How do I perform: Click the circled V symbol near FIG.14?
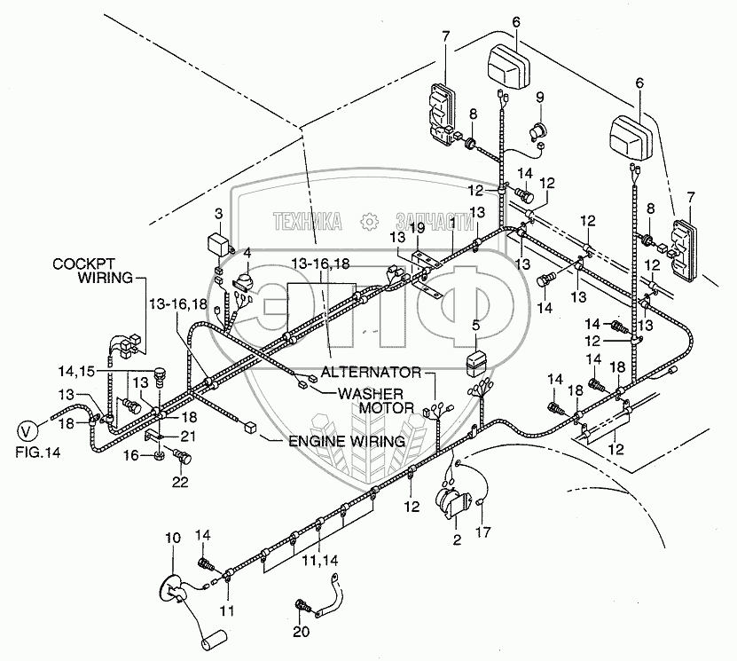(27, 432)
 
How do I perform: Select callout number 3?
(217, 214)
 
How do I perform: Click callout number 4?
(247, 253)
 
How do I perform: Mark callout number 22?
(181, 483)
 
